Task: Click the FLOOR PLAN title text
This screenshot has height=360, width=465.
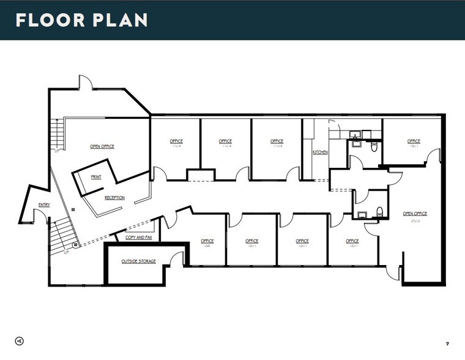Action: point(81,20)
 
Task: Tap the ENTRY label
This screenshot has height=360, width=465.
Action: point(44,205)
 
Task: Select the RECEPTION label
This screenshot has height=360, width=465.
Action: point(114,198)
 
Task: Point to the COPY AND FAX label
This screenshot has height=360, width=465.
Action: point(139,237)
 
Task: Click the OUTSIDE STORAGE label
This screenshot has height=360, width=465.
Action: point(138,261)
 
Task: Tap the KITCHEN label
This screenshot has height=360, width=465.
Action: point(321,152)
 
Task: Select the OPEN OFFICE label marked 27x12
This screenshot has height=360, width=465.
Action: point(415,214)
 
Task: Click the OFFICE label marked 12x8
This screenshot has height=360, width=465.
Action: point(207,241)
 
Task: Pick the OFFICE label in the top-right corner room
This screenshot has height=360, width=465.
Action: point(414,141)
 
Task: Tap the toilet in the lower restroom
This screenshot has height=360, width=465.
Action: point(380,212)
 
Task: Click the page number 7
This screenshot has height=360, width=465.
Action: point(447,342)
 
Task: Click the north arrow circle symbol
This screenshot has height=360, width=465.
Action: point(20,340)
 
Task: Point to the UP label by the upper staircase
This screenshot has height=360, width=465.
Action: point(57,150)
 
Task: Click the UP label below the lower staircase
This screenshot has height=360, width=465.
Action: point(67,252)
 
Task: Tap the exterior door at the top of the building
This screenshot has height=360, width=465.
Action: point(85,83)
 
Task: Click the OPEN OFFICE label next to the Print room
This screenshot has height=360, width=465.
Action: point(102,146)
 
